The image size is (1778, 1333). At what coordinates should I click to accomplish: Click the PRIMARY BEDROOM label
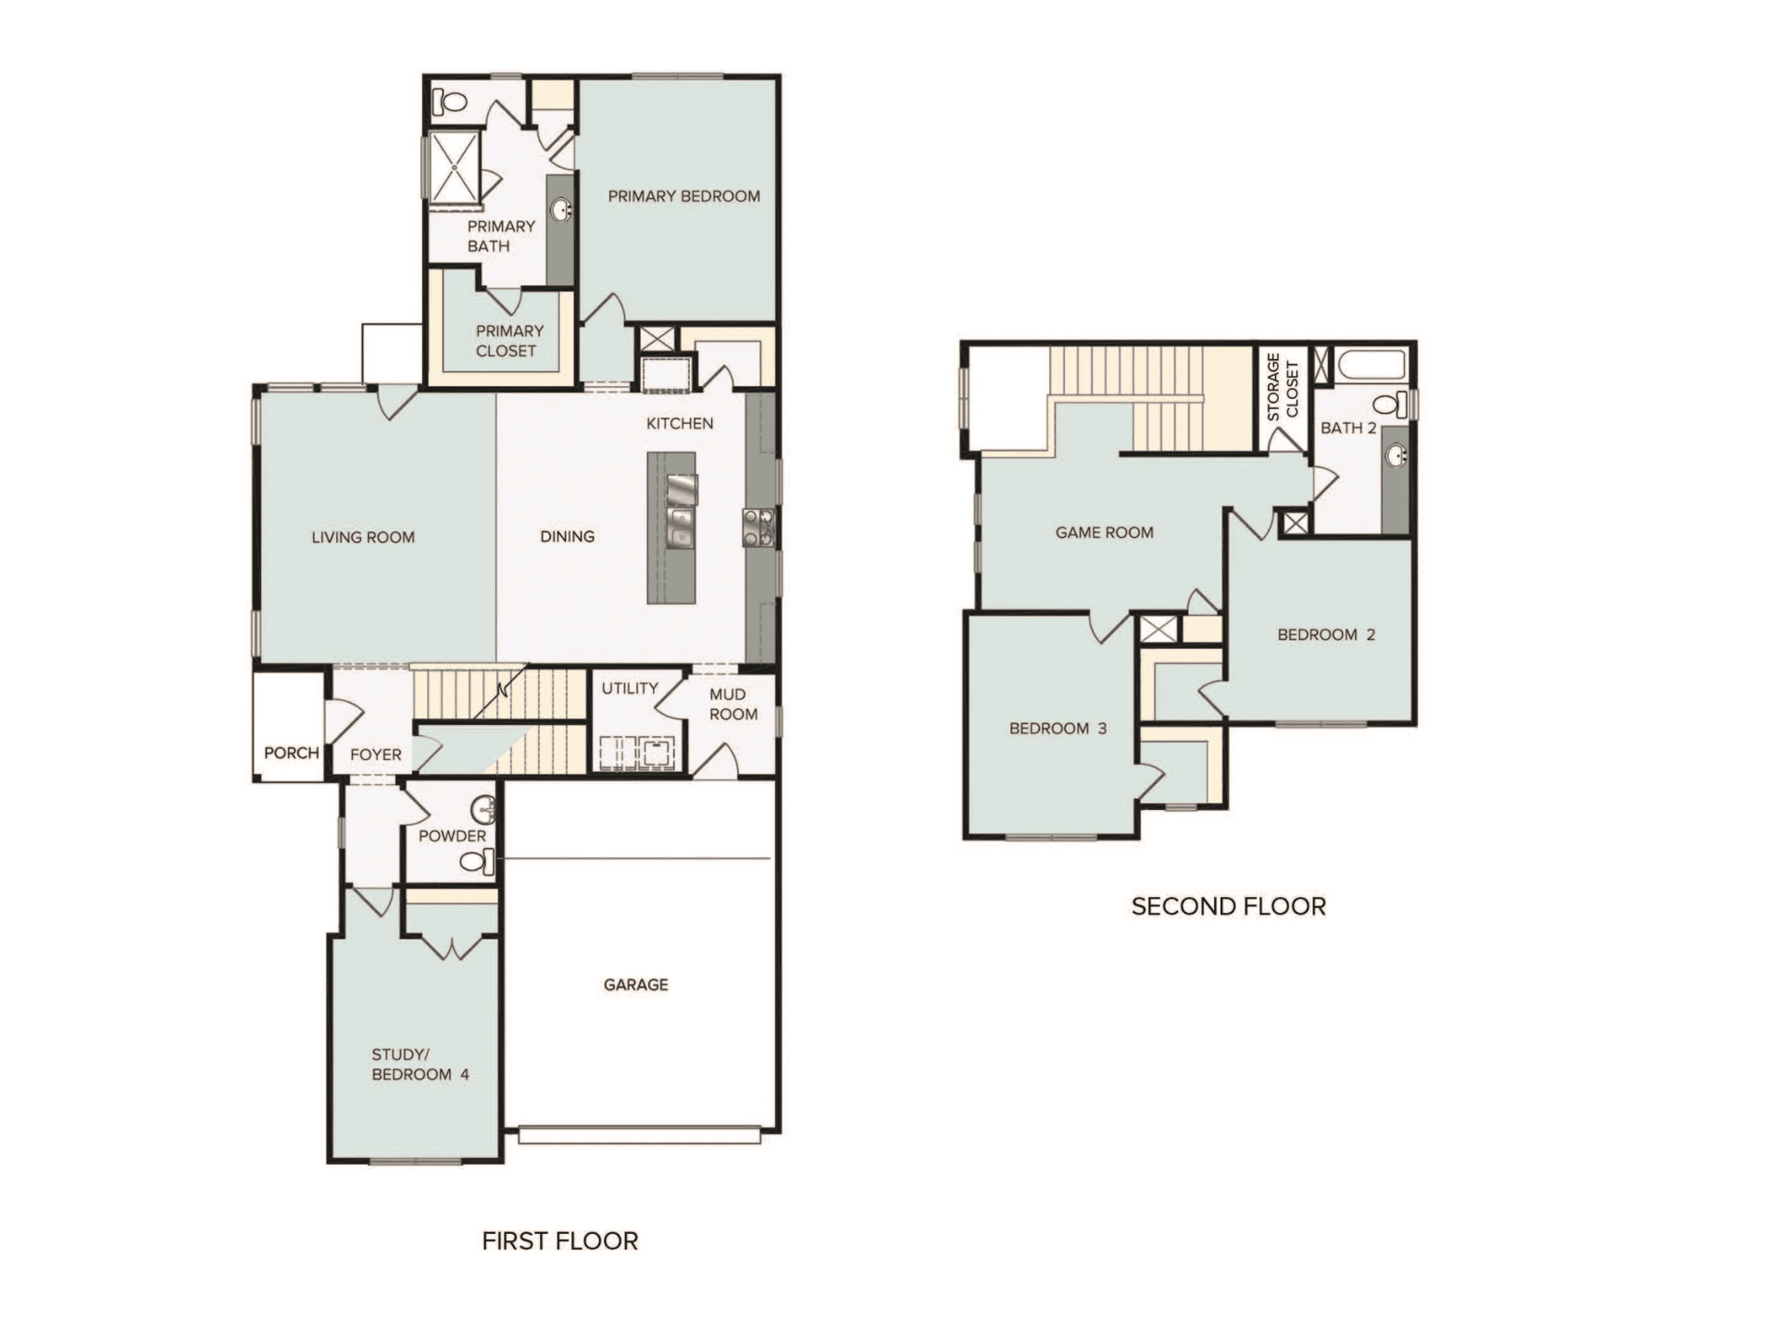(683, 196)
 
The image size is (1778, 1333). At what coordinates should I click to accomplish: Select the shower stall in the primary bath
(454, 166)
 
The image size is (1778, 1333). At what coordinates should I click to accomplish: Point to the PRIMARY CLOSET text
(507, 341)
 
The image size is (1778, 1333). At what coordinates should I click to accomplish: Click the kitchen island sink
(681, 525)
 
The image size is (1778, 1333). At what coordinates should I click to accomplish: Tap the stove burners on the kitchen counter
(758, 528)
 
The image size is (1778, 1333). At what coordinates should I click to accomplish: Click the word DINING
(567, 537)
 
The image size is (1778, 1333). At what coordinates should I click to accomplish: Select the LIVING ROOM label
(363, 537)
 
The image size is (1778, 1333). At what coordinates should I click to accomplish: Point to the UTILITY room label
(630, 688)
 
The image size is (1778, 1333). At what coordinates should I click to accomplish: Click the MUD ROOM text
(732, 704)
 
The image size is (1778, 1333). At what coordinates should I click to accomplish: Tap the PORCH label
(291, 753)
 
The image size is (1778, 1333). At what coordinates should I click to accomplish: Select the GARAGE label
(635, 985)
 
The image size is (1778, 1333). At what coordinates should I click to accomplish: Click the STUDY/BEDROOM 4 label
(419, 1065)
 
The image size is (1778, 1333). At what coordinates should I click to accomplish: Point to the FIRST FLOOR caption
(559, 1241)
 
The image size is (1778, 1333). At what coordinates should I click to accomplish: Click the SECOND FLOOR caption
(1228, 906)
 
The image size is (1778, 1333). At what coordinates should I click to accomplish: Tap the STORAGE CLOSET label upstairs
(1283, 386)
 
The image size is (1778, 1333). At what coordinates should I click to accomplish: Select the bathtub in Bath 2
(1371, 364)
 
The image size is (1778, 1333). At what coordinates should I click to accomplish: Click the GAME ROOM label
(1104, 532)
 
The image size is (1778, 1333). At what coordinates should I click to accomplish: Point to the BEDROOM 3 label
(1058, 729)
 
